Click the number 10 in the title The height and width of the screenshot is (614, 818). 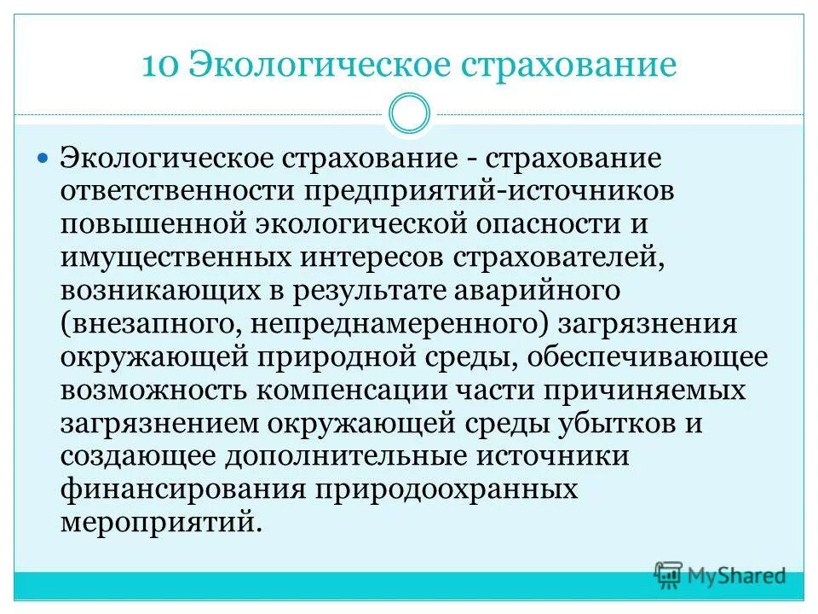coord(159,66)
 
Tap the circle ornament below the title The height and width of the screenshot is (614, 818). coord(409,114)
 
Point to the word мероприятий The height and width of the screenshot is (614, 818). coord(157,522)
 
